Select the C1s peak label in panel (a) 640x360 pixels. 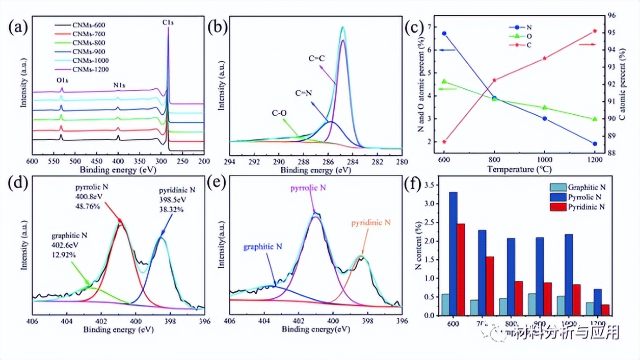[168, 22]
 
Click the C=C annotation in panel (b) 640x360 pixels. [317, 59]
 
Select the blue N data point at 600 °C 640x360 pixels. [444, 34]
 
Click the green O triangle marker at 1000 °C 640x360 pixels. [545, 108]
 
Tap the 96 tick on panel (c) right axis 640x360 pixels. [612, 16]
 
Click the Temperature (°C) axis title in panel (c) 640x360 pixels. [519, 169]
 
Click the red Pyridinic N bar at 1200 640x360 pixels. [605, 310]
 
